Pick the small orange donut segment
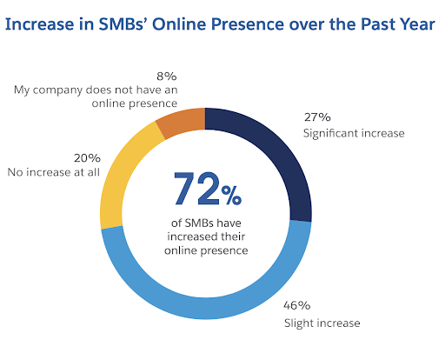(183, 122)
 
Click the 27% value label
(316, 117)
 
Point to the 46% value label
(297, 305)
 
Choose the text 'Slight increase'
(321, 323)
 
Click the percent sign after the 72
(230, 194)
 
